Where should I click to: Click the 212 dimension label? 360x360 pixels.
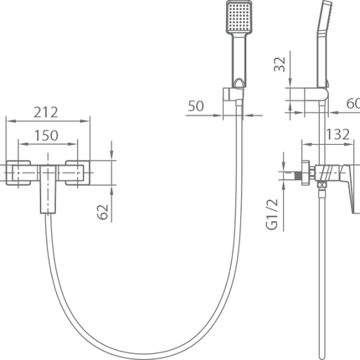click(46, 112)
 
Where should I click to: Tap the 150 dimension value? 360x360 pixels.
click(46, 136)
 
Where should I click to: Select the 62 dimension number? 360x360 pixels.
click(102, 212)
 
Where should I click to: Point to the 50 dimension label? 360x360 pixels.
click(196, 106)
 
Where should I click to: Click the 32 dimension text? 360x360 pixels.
click(280, 64)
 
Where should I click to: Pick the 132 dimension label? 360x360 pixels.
click(337, 135)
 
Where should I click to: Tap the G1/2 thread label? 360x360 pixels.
click(272, 214)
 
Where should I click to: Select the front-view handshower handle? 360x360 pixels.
click(239, 59)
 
